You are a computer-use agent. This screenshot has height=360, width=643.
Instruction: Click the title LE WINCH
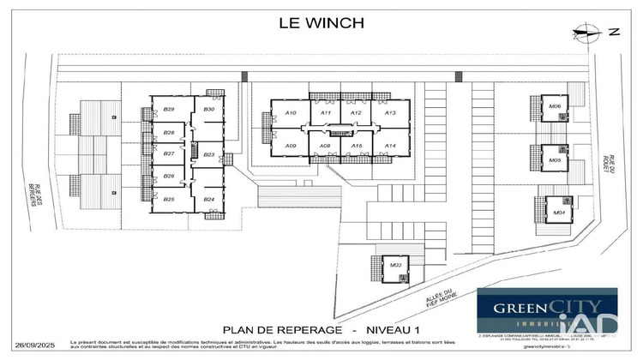pyautogui.click(x=321, y=23)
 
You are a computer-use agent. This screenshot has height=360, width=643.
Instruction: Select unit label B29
pyautogui.click(x=169, y=110)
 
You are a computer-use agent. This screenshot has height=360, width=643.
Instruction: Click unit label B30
pyautogui.click(x=208, y=110)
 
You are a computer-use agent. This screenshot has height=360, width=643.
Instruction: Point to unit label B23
pyautogui.click(x=208, y=155)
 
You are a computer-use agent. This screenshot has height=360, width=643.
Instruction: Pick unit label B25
pyautogui.click(x=169, y=200)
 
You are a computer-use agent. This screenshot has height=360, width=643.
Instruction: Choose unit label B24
pyautogui.click(x=208, y=200)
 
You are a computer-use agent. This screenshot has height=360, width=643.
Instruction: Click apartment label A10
pyautogui.click(x=291, y=113)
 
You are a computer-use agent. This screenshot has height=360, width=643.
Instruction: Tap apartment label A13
pyautogui.click(x=390, y=113)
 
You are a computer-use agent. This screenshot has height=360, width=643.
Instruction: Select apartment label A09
pyautogui.click(x=291, y=147)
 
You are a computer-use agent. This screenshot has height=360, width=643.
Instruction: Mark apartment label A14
pyautogui.click(x=390, y=147)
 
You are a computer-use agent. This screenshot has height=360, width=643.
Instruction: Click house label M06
pyautogui.click(x=555, y=107)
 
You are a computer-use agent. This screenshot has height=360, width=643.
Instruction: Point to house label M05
pyautogui.click(x=555, y=160)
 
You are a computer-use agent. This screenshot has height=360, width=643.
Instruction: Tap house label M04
pyautogui.click(x=558, y=212)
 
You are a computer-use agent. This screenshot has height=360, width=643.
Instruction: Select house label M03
pyautogui.click(x=395, y=266)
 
